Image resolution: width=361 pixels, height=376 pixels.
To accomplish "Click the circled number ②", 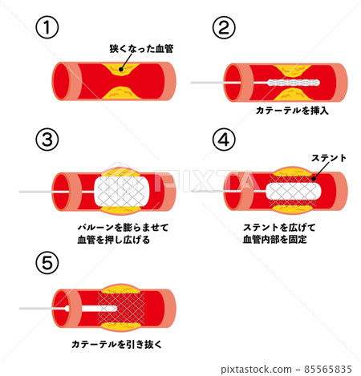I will click(224, 27).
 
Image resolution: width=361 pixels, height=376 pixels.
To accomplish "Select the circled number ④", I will click(224, 139).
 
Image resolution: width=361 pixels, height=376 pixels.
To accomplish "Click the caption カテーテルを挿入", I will click(291, 111).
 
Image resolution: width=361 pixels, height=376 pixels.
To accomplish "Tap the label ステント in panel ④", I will click(328, 157).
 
